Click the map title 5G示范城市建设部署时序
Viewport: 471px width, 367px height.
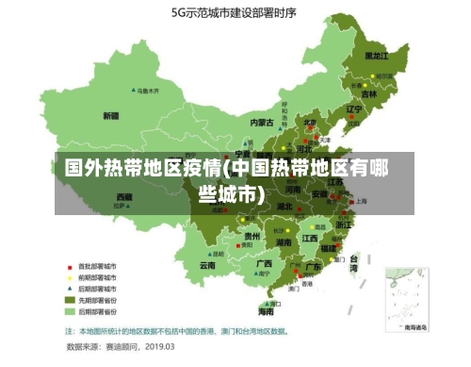[x=234, y=12]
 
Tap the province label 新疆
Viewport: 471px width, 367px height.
[x=111, y=116]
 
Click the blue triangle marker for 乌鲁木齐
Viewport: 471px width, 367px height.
[x=135, y=92]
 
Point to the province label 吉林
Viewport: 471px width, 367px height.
[x=369, y=94]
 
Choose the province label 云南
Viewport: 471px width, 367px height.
[x=207, y=266]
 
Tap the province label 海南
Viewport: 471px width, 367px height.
[x=267, y=310]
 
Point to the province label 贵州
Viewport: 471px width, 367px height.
[x=252, y=236]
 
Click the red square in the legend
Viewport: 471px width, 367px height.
[x=69, y=266]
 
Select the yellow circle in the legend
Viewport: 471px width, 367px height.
[x=69, y=277]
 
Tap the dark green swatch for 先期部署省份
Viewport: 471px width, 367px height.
[x=69, y=299]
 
